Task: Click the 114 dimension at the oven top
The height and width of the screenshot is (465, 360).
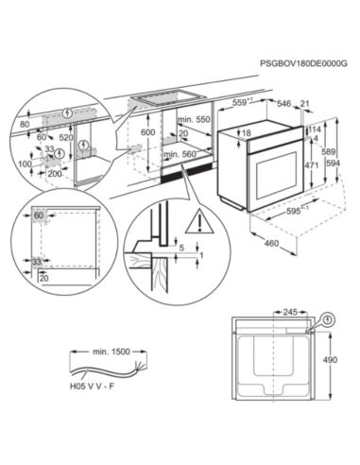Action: point(316,129)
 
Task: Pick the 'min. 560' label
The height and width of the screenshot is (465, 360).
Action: point(193,153)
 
